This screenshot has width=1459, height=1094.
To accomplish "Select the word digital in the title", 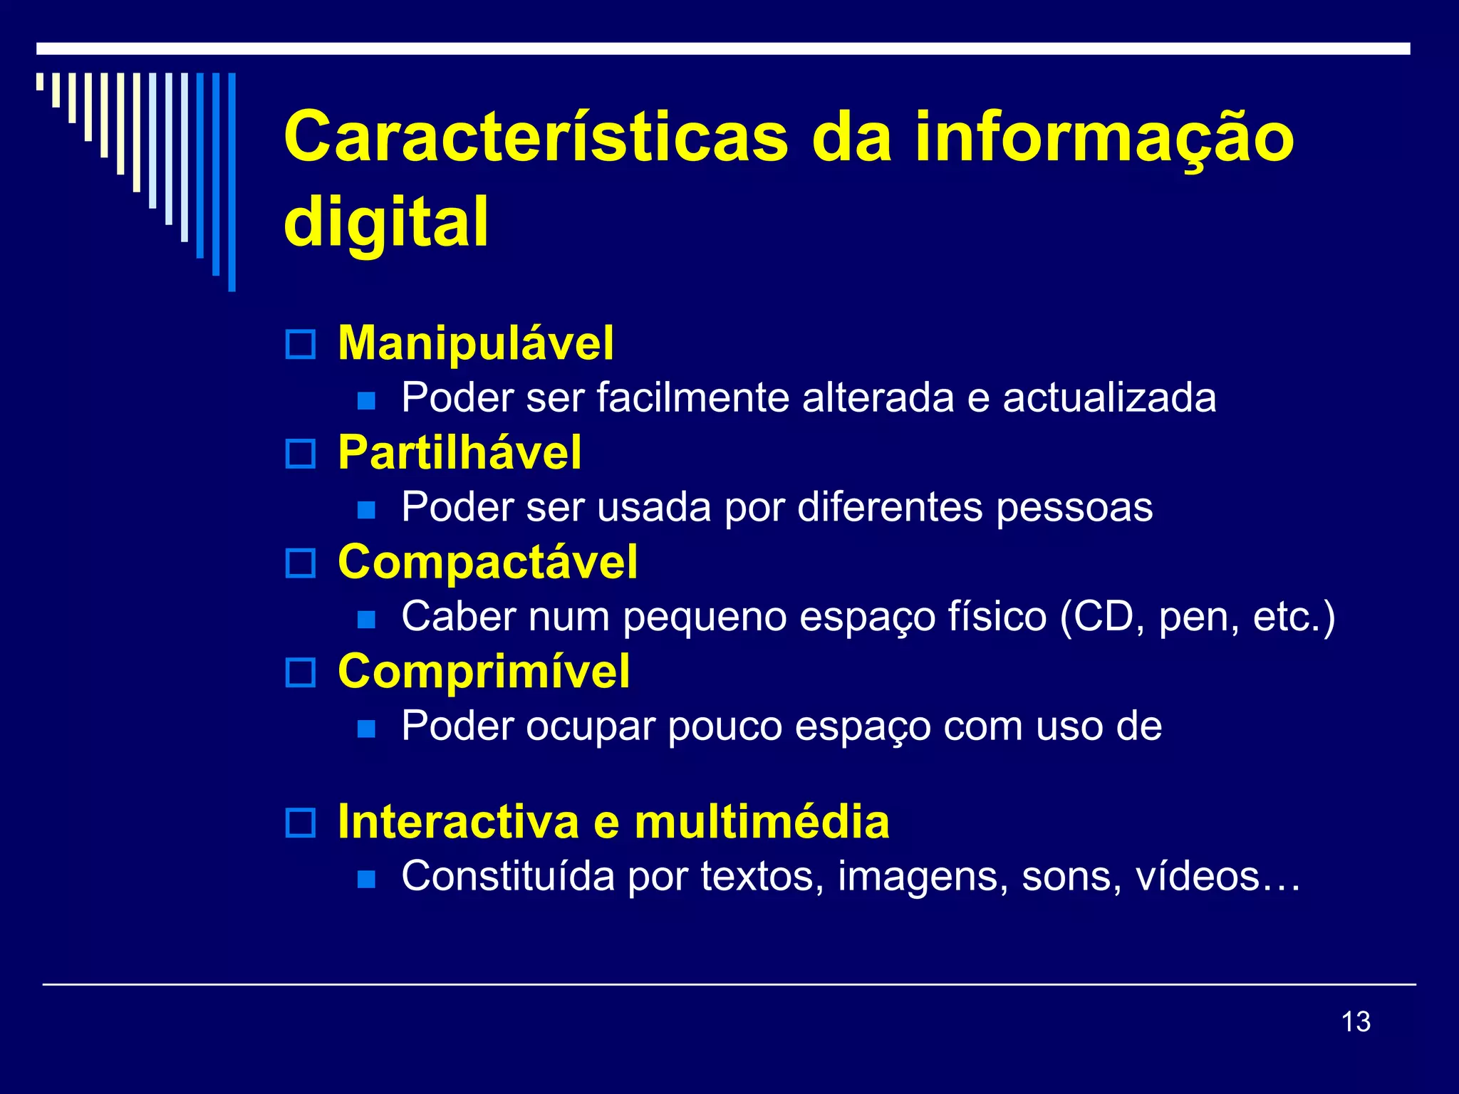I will pos(386,222).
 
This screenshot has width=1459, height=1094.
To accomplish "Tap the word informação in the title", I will pos(1104,137).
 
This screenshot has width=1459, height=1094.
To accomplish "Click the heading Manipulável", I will pos(475,343).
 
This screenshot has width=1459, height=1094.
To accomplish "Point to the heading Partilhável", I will pos(459,453).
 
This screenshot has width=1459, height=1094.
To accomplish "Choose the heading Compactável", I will pos(487,562).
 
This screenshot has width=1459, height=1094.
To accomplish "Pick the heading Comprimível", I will pos(484,672).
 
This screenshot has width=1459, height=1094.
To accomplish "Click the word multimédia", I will pos(762,822).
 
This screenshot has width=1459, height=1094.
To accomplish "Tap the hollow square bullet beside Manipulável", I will pos(300,345).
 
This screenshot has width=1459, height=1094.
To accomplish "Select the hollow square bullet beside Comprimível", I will pos(300,672).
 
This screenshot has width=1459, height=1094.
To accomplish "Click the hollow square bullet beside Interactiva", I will pos(300,823).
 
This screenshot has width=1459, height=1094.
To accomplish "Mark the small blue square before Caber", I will pos(366,619).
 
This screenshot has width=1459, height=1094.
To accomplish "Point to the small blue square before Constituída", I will pos(366,879).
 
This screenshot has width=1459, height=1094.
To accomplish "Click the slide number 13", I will pos(1356,1021).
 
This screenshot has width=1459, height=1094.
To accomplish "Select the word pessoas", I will pos(1074,508).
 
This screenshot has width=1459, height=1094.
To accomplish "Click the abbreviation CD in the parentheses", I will pos(1104,617).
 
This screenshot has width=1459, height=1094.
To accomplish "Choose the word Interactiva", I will pos(458,822).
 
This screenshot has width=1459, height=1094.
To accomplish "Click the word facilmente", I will pos(692,397).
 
